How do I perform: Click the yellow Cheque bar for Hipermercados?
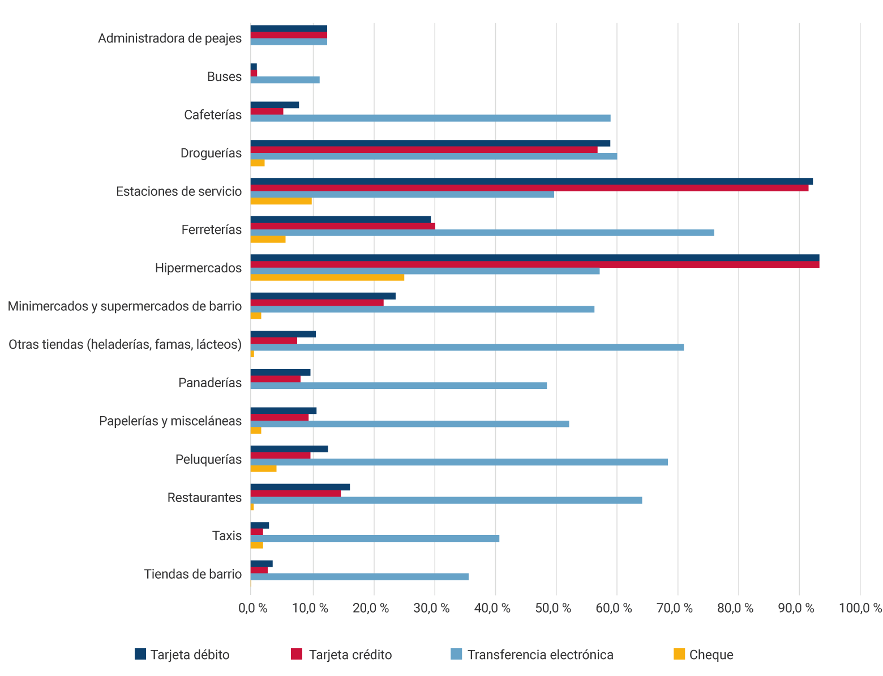pos(327,277)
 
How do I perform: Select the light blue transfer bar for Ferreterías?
pos(482,233)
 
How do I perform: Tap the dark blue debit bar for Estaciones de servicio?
pos(531,181)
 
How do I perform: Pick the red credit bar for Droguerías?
pos(424,149)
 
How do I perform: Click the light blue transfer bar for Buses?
pos(285,80)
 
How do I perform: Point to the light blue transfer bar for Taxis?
pos(375,538)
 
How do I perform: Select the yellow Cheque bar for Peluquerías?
pos(263,468)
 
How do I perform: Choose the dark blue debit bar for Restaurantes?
pos(300,487)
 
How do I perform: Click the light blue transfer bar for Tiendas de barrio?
pos(359,576)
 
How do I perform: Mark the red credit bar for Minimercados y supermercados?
pos(317,302)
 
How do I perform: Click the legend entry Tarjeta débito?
pos(182,655)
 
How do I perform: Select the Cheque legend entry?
pos(704,655)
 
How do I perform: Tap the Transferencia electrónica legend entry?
pos(532,655)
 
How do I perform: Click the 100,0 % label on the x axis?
pos(860,609)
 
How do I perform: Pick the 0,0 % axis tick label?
pos(253,609)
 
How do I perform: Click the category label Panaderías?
pos(210,383)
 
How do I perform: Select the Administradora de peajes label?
pos(170,38)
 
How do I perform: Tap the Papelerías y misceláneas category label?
pos(170,421)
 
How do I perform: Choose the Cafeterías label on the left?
pos(213,115)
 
